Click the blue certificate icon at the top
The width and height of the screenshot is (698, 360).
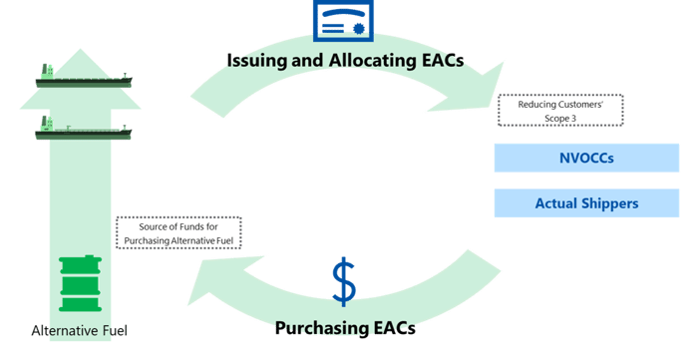344,20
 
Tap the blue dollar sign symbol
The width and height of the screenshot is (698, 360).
344,282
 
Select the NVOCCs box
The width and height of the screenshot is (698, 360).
586,158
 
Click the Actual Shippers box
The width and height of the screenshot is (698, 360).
586,203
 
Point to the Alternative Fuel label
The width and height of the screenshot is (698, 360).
80,330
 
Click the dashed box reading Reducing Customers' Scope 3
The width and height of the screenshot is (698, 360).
560,110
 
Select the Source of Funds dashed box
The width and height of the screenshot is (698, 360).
178,233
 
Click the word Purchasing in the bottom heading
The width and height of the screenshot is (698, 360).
319,327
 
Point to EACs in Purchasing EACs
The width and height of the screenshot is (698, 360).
392,327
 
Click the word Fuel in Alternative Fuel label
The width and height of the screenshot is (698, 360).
110,330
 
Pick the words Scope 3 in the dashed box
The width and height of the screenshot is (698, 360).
559,118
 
